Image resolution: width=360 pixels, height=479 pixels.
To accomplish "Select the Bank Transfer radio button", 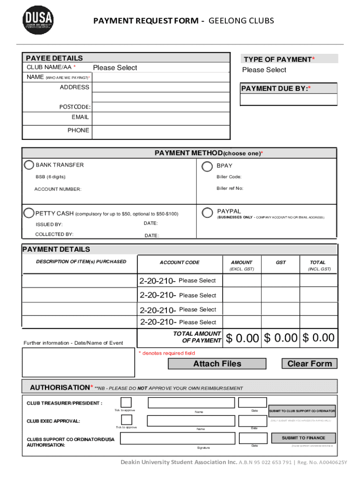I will click(29, 165).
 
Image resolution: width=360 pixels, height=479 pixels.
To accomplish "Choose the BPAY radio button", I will click(207, 166).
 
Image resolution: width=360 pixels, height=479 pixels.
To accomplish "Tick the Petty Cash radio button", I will click(29, 212).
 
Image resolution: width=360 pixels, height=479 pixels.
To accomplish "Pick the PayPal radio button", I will click(207, 212).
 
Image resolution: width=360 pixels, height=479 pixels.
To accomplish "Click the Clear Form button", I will click(309, 363).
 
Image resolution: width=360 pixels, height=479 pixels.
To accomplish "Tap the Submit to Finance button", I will click(303, 438).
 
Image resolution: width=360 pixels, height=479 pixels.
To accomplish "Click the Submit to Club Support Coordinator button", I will click(302, 411).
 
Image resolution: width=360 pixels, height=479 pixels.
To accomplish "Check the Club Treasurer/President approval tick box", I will click(126, 402).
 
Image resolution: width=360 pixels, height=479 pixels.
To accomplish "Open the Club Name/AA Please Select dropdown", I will click(115, 68).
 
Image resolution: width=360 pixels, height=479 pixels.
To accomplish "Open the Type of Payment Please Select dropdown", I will click(264, 70).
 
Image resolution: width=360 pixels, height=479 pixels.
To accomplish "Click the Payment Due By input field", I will click(288, 100).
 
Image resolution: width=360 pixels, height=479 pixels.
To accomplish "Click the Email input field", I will click(161, 118).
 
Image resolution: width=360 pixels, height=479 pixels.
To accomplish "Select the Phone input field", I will click(161, 131).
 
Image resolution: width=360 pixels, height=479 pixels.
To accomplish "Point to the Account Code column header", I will click(180, 262).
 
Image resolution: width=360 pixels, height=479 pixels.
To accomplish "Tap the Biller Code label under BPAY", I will click(229, 177).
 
